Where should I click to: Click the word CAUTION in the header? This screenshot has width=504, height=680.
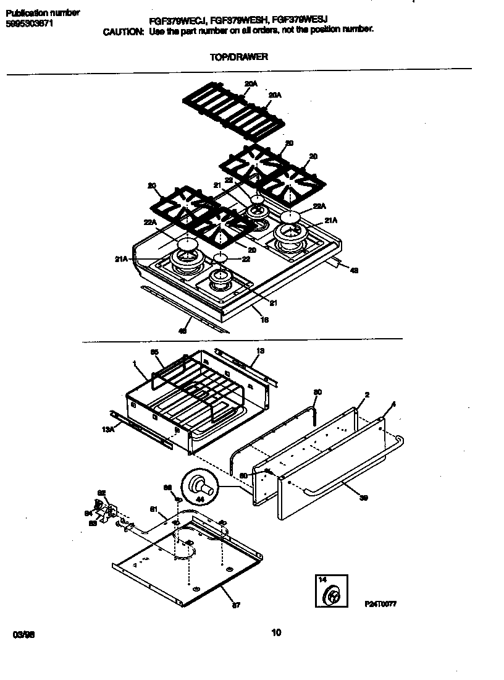pos(123,30)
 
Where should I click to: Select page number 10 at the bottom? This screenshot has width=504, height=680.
pos(275,632)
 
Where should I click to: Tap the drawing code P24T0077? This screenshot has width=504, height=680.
pos(379,603)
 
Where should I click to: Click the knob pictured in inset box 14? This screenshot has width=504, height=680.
pos(332,596)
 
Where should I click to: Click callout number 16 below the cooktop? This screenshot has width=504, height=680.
pos(264,320)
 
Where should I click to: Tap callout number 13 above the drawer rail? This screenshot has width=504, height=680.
pos(260,351)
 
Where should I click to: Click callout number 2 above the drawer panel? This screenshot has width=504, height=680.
pos(367,395)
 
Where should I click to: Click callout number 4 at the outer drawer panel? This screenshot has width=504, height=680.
pos(393,404)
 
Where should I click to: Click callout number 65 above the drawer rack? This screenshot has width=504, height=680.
pos(154,352)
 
